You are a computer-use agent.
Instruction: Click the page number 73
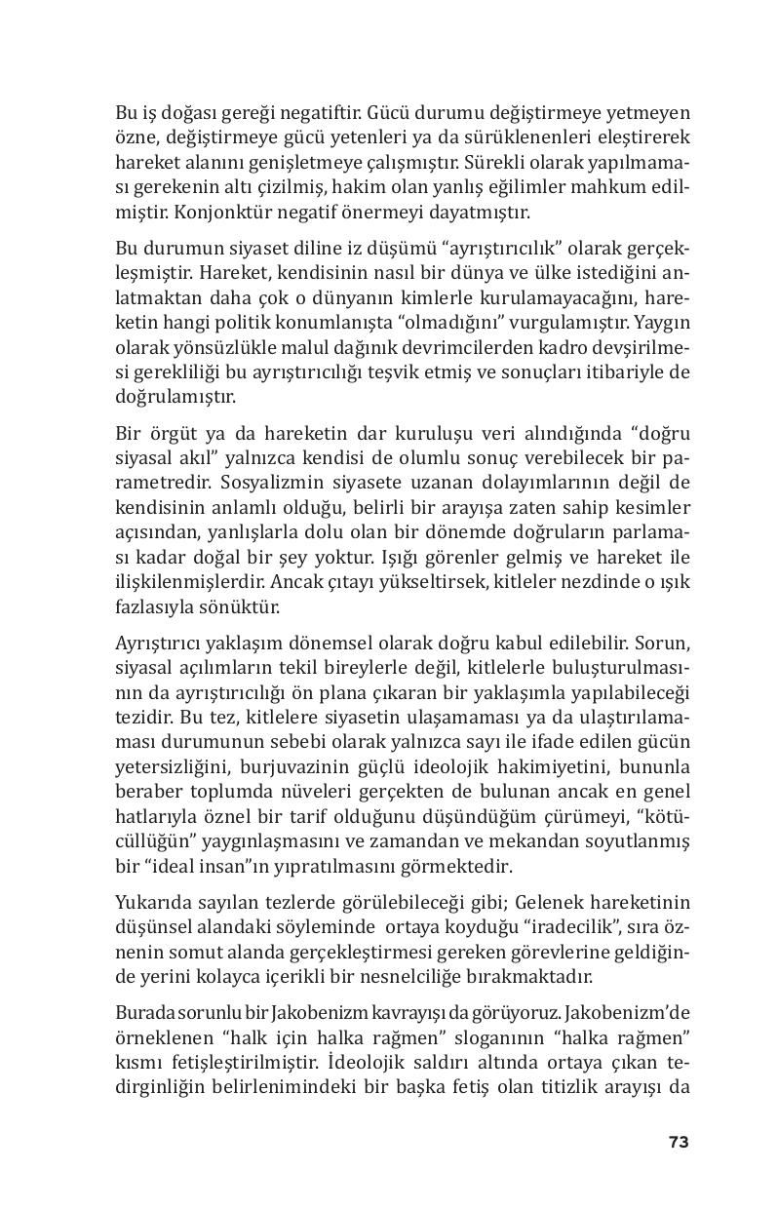[x=679, y=1142]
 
